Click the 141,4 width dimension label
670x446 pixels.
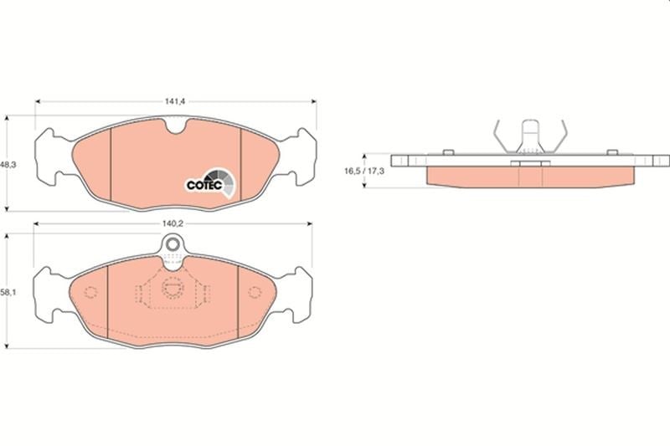click(x=174, y=101)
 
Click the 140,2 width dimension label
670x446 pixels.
click(x=173, y=223)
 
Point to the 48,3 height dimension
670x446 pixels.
click(x=8, y=164)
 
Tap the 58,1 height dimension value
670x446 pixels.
click(x=8, y=293)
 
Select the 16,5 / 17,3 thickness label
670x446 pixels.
click(x=364, y=172)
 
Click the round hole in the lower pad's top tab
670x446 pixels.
click(x=173, y=244)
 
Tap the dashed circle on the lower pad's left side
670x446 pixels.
click(x=90, y=292)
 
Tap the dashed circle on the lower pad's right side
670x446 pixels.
click(x=255, y=292)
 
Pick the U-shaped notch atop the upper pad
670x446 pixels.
click(x=176, y=126)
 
